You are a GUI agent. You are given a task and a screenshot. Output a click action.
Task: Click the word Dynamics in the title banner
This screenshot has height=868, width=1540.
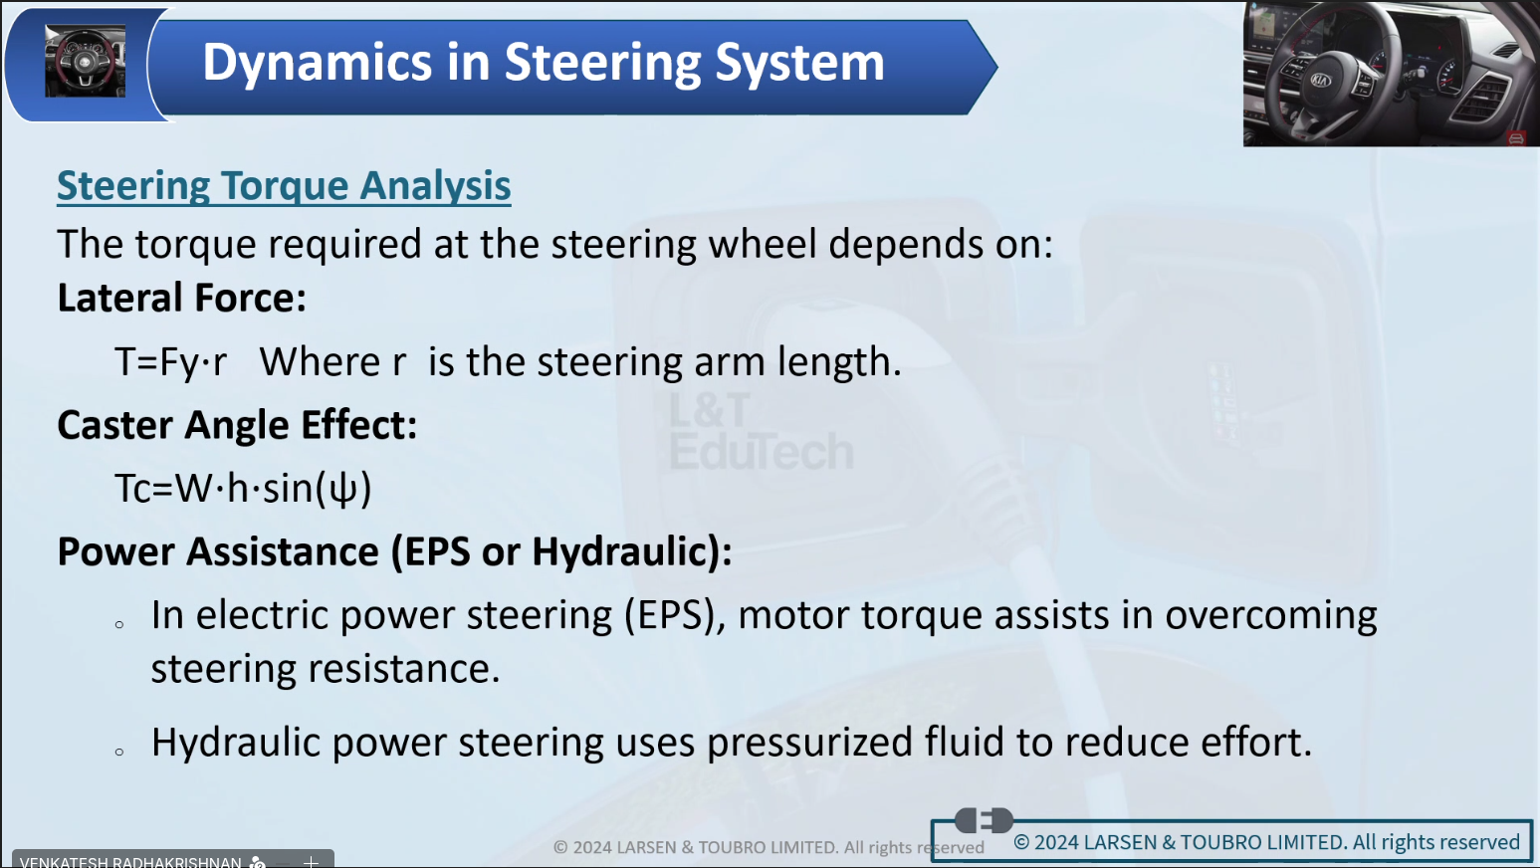[x=317, y=64]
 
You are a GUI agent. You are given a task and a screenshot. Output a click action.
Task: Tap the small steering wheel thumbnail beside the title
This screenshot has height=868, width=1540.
[x=86, y=61]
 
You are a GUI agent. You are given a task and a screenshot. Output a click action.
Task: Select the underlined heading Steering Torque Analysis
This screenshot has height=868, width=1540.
[x=284, y=185]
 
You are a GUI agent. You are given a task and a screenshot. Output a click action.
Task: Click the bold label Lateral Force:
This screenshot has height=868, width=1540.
[x=181, y=299]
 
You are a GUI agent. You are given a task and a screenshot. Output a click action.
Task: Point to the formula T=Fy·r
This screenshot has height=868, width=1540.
[x=170, y=361]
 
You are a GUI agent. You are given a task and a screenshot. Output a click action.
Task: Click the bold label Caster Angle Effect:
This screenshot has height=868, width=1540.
[x=237, y=425]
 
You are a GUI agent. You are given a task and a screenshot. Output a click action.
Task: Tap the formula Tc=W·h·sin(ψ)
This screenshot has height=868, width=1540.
[x=243, y=489]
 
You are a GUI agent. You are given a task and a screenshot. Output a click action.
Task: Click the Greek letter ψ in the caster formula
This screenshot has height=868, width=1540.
[x=343, y=490]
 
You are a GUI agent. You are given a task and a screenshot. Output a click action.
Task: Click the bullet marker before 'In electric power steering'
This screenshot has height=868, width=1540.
[x=119, y=624]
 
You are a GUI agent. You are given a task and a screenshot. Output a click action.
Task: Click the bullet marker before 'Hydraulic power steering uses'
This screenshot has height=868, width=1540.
[x=119, y=752]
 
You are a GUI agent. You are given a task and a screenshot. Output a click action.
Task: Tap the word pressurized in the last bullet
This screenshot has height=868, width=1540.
[x=809, y=743]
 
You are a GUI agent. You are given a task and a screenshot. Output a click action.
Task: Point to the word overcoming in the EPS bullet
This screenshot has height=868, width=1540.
[x=1270, y=615]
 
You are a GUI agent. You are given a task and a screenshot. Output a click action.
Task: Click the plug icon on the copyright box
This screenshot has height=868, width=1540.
[x=984, y=820]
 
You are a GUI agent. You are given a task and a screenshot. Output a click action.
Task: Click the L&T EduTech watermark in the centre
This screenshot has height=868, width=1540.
[x=762, y=432]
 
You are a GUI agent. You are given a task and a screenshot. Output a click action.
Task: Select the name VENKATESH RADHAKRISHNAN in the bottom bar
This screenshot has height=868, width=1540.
[x=130, y=862]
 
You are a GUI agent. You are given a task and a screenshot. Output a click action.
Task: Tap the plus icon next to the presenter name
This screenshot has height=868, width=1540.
[x=311, y=862]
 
